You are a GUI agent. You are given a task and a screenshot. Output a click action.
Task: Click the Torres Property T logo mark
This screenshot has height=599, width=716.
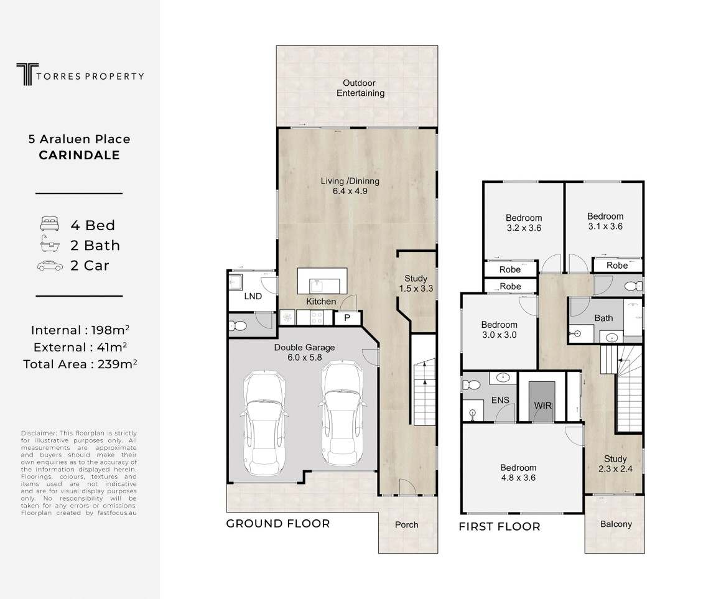[27, 74]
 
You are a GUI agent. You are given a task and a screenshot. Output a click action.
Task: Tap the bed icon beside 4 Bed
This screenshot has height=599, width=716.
[50, 224]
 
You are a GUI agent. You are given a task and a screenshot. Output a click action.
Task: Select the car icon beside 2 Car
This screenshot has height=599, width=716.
[50, 266]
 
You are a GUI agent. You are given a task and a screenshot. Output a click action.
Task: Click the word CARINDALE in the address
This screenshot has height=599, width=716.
[80, 156]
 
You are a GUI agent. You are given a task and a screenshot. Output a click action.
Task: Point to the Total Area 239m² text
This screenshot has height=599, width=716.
[80, 364]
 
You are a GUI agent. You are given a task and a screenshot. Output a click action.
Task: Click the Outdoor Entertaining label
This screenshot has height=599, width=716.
[360, 88]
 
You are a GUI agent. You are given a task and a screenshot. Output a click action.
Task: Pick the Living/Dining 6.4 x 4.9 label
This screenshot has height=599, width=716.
[350, 186]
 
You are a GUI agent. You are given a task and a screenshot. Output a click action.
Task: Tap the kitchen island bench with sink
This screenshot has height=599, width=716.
[322, 281]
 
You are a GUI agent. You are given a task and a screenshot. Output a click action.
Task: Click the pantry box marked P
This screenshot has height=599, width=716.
[348, 318]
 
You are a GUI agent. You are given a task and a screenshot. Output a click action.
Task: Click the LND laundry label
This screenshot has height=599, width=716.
[253, 296]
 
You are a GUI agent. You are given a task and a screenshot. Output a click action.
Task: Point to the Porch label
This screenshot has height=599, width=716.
[406, 524]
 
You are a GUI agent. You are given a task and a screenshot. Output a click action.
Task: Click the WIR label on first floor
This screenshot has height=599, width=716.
[543, 406]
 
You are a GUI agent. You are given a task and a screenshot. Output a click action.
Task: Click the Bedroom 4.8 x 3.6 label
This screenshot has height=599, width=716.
[518, 473]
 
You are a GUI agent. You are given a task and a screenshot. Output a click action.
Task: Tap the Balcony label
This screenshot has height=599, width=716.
[616, 524]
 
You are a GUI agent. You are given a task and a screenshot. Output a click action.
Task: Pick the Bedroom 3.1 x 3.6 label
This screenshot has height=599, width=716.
[605, 221]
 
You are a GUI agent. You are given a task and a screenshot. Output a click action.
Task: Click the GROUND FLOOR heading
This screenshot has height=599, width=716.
[278, 524]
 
